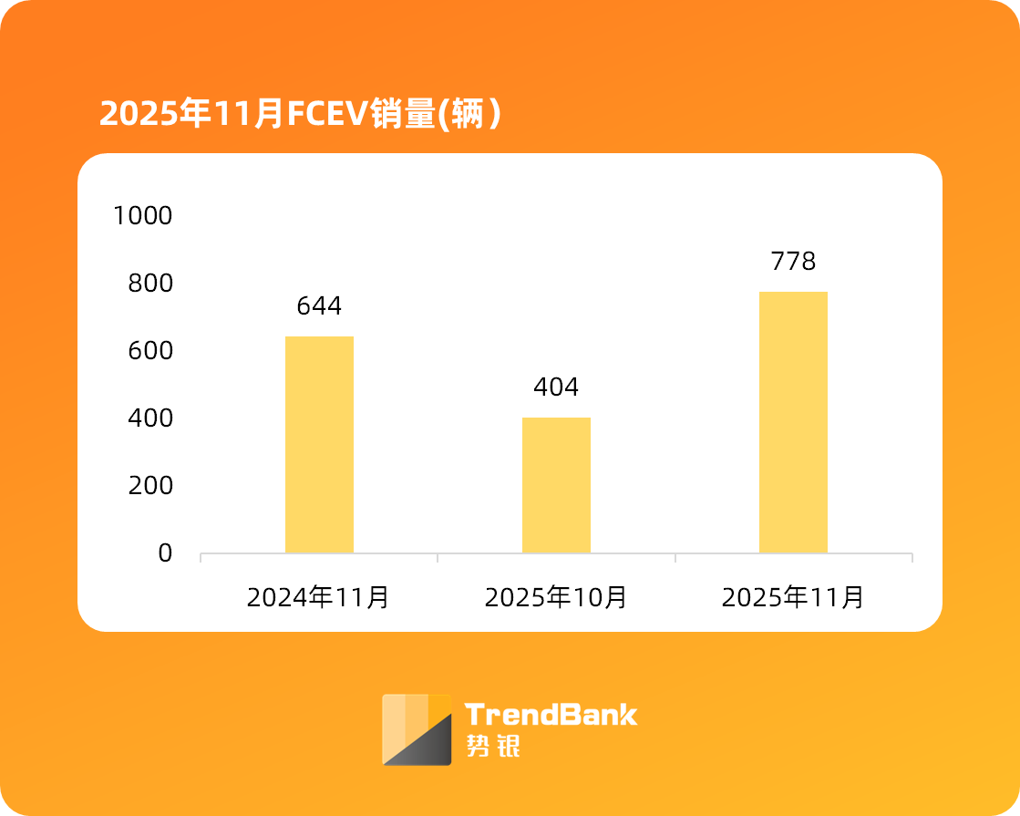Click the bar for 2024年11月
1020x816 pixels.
(319, 444)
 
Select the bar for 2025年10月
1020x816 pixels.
(556, 485)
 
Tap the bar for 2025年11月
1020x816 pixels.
(793, 422)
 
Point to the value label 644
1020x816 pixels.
(319, 306)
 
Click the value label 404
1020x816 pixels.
(556, 387)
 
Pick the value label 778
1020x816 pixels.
(793, 262)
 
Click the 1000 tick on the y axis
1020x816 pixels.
(142, 216)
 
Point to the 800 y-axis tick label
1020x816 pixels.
(150, 284)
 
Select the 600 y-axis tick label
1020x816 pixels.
(150, 351)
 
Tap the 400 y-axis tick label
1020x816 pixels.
(150, 418)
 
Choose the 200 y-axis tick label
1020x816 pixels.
(150, 486)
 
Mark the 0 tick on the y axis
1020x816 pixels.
(165, 553)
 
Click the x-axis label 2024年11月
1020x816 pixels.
(319, 598)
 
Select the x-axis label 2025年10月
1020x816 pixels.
(556, 598)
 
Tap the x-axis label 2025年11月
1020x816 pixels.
(793, 598)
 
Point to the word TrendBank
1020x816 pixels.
(551, 714)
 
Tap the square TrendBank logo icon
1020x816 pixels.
(417, 729)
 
